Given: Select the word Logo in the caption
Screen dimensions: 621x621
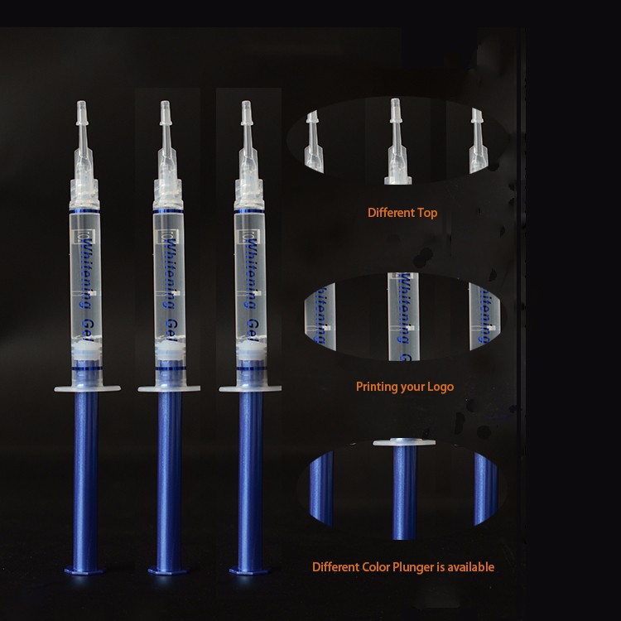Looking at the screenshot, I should pos(440,387).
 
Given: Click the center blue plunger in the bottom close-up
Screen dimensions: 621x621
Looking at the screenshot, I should pos(402,484).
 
